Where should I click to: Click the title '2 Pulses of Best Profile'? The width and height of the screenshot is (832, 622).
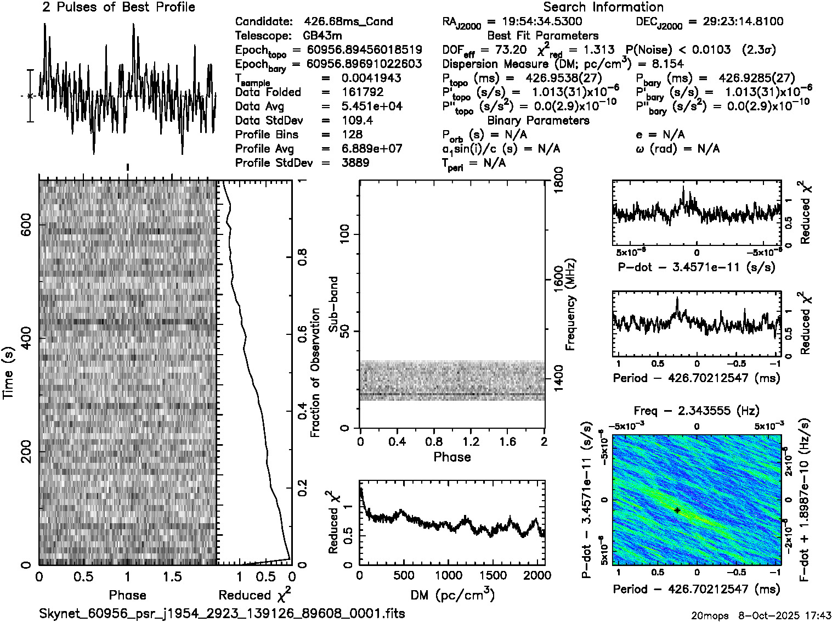(x=118, y=7)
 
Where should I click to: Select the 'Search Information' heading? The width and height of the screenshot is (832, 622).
(x=603, y=7)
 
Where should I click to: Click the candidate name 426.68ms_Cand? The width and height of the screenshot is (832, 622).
(x=348, y=21)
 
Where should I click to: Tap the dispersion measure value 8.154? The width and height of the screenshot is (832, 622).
(x=664, y=64)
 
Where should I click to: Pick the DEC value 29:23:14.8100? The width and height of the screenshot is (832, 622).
(x=735, y=21)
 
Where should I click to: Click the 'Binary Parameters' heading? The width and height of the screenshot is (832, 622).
(x=538, y=120)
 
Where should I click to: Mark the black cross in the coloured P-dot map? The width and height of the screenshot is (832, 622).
(x=678, y=510)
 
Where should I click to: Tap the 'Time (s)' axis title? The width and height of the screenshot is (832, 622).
(x=9, y=373)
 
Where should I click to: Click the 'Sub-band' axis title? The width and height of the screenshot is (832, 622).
(x=333, y=304)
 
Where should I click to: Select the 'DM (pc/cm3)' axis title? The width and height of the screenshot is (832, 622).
(x=452, y=595)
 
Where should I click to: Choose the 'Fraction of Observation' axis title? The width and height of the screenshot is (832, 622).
(x=315, y=373)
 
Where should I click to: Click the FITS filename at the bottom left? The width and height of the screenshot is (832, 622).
(x=222, y=613)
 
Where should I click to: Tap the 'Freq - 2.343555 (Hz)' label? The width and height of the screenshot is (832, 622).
(x=697, y=411)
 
